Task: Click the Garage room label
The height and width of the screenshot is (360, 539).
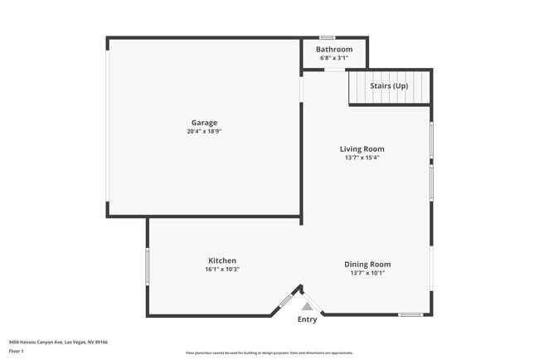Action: pyautogui.click(x=204, y=123)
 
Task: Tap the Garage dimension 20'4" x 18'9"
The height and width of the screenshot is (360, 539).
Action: pyautogui.click(x=204, y=131)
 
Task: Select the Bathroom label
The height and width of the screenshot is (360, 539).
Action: pyautogui.click(x=333, y=49)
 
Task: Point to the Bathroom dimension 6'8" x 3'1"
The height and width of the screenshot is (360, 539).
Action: pyautogui.click(x=333, y=58)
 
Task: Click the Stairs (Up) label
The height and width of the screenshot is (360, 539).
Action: pyautogui.click(x=389, y=85)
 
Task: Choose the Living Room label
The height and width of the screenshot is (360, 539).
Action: pyautogui.click(x=362, y=149)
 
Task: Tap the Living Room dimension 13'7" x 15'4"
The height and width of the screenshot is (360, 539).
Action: pyautogui.click(x=362, y=158)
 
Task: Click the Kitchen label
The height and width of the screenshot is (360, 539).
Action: pyautogui.click(x=221, y=260)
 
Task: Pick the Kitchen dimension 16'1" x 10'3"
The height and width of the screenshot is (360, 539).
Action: pyautogui.click(x=221, y=269)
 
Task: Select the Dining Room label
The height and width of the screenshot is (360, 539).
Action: pyautogui.click(x=367, y=264)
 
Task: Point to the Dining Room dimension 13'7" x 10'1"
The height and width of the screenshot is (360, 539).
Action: pyautogui.click(x=367, y=272)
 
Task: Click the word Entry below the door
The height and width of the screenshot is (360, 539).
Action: pyautogui.click(x=307, y=319)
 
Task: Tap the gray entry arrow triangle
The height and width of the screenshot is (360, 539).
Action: pyautogui.click(x=307, y=306)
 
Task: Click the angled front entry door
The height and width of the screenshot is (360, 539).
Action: pyautogui.click(x=287, y=299)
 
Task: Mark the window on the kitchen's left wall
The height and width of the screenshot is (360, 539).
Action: pyautogui.click(x=148, y=267)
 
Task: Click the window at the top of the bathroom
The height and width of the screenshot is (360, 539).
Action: pyautogui.click(x=328, y=37)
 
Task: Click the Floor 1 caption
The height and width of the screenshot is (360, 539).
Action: pyautogui.click(x=17, y=352)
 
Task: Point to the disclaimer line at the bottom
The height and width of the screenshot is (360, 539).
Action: pyautogui.click(x=269, y=353)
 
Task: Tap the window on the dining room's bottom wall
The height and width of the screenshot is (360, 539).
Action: pyautogui.click(x=410, y=314)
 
